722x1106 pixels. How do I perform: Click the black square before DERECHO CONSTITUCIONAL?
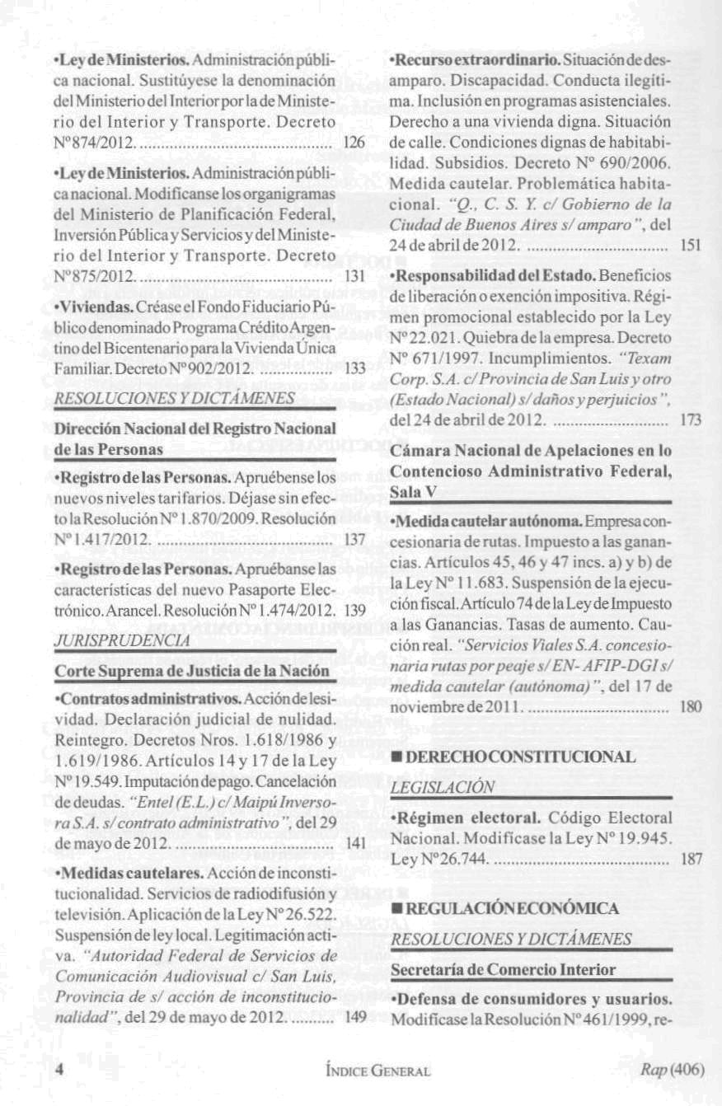pyautogui.click(x=396, y=757)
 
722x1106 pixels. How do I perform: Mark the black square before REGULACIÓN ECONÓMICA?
pyautogui.click(x=396, y=907)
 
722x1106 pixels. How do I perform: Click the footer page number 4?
pyautogui.click(x=59, y=1069)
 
